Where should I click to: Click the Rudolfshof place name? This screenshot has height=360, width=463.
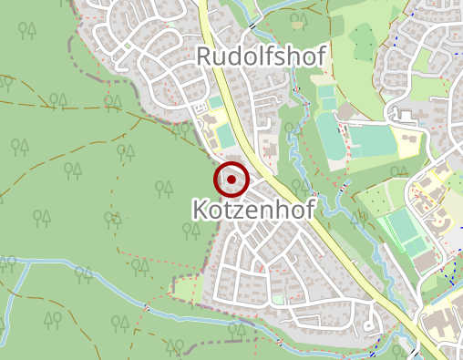tap(261, 57)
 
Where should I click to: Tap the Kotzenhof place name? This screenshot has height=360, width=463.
tap(253, 210)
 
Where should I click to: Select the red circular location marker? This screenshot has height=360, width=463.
tap(232, 180)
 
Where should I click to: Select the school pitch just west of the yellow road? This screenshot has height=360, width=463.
tap(224, 138)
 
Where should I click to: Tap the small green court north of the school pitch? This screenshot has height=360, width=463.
tap(215, 103)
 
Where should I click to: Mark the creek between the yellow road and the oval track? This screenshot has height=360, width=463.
tap(293, 146)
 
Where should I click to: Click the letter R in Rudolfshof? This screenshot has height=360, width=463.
tap(206, 57)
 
